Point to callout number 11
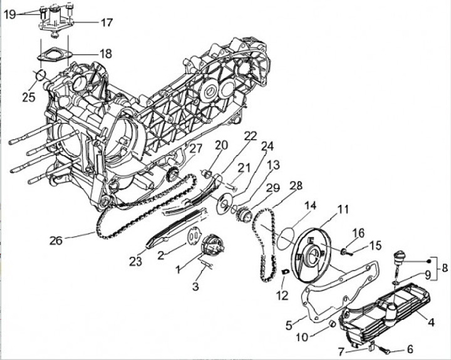(343, 208)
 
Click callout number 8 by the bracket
(444, 268)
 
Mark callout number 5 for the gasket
(289, 325)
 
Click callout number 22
(251, 136)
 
